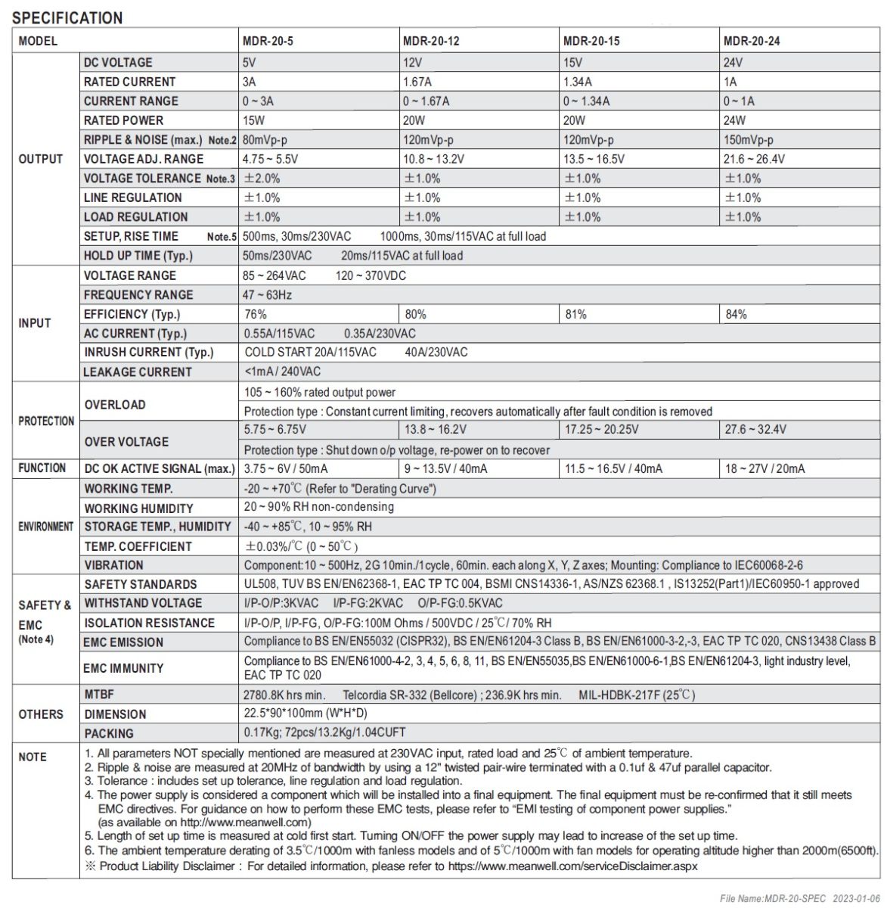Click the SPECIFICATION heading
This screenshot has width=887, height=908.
coord(68,17)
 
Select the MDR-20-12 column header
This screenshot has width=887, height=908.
coord(431,41)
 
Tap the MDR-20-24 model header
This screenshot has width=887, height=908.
coord(752,41)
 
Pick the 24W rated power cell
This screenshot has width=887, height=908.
coord(734,120)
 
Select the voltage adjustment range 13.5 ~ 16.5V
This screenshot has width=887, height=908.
coord(594,159)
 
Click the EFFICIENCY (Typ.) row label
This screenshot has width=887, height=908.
coord(132,314)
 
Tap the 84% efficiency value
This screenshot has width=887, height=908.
coord(736,314)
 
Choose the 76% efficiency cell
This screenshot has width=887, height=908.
coord(256,314)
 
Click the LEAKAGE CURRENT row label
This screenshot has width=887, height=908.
coord(138,372)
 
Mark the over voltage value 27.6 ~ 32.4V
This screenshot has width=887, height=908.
coord(755,430)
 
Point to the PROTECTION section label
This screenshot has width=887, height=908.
coord(46,421)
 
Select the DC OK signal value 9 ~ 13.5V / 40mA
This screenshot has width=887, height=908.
coord(445,469)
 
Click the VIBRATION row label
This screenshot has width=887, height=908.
coord(113,565)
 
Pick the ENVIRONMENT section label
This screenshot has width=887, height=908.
coord(46,527)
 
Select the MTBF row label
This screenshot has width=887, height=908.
coord(99,694)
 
